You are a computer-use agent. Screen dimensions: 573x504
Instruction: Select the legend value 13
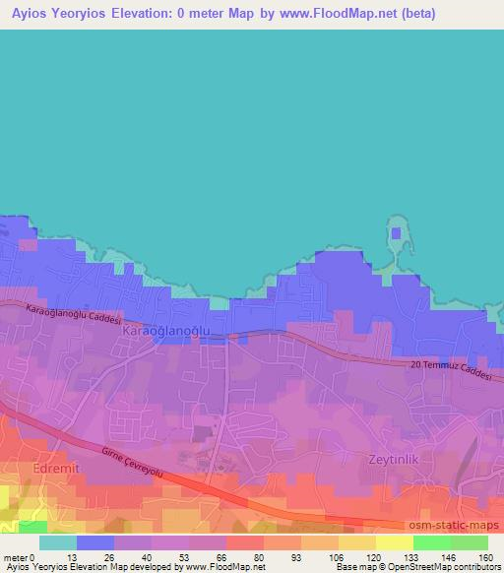click(x=71, y=556)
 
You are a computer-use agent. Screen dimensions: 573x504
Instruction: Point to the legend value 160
click(x=483, y=556)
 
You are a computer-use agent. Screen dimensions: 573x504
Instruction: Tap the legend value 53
click(x=183, y=556)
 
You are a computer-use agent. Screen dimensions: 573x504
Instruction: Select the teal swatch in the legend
click(x=58, y=542)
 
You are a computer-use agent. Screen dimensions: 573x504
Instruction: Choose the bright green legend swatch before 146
click(x=432, y=542)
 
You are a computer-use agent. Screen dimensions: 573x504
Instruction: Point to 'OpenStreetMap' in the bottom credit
click(x=449, y=567)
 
